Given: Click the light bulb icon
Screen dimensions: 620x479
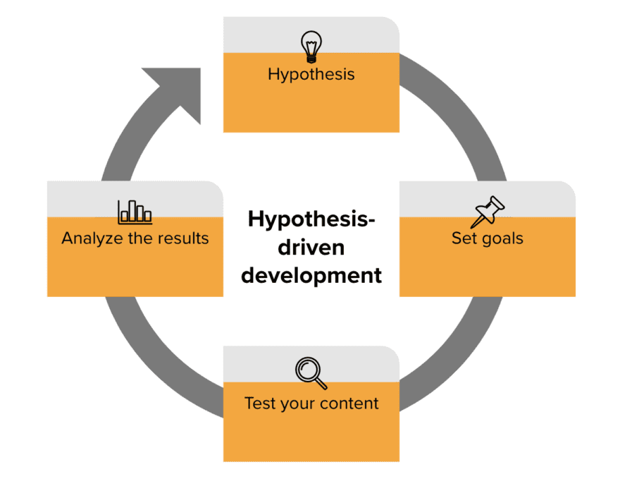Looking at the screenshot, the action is pos(311,47).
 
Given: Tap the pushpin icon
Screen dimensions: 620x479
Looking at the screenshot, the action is pos(487,212).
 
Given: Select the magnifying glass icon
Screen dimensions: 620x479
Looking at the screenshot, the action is pos(311,373).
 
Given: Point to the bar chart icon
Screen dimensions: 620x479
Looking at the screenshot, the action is pos(135,212).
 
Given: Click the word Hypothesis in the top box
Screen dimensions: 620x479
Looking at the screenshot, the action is pos(311,74).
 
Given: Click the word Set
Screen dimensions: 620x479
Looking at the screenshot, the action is pos(464,238).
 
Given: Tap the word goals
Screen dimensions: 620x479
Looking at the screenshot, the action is pos(502,239).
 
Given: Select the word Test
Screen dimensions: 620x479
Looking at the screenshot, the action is pos(260,404).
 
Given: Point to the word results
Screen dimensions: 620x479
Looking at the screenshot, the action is pos(183,238).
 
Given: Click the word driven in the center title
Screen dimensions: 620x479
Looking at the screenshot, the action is pos(311,248).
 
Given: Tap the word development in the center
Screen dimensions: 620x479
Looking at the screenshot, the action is pos(311,276).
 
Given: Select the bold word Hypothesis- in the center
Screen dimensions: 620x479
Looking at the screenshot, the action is pos(311,219).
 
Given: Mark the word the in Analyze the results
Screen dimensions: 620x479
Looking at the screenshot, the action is pos(140,238).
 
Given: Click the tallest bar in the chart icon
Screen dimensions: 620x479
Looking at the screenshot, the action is pos(132,211).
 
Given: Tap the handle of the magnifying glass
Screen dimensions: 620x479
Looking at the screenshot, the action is pos(321,383).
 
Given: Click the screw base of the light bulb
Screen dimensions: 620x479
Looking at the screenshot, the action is pos(311,60).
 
